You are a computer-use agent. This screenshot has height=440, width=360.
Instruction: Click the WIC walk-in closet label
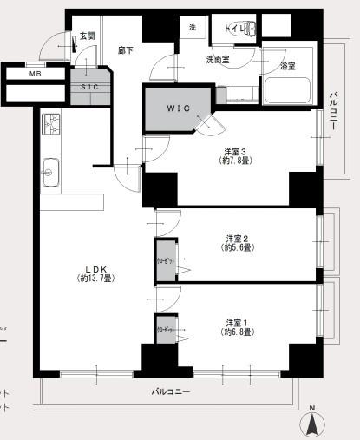click(x=180, y=108)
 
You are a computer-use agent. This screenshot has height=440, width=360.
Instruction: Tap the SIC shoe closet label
click(x=90, y=88)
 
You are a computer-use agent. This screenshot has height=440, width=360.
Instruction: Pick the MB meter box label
click(x=35, y=74)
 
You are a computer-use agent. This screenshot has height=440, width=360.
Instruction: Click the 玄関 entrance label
click(x=86, y=36)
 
